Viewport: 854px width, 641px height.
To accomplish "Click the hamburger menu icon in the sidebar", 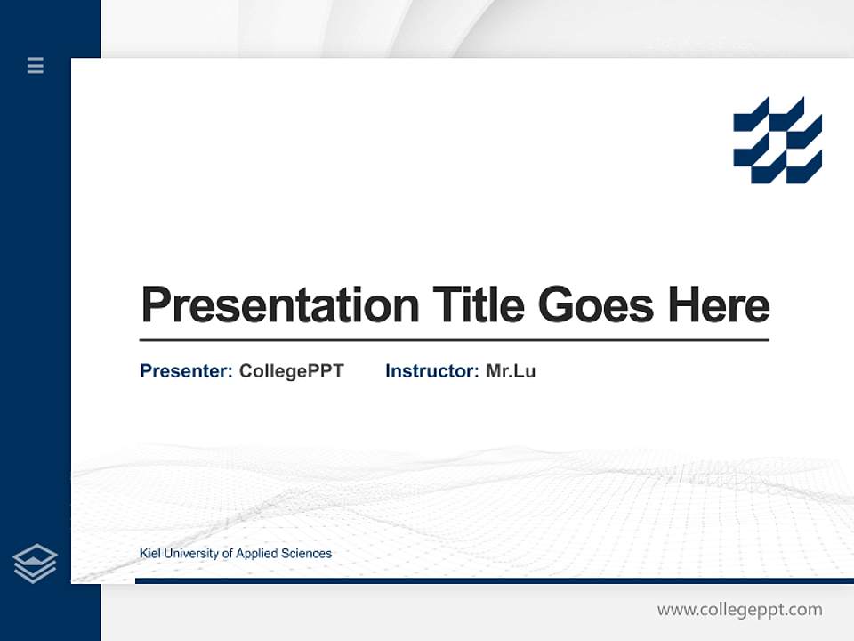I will [x=36, y=65].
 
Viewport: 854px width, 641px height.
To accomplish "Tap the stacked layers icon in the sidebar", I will [x=35, y=564].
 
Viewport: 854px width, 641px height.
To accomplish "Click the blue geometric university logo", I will [x=777, y=140].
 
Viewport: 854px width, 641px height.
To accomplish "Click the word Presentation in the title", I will [x=279, y=305].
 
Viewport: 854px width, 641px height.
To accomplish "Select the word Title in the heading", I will [x=479, y=305].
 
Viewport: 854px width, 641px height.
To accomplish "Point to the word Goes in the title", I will [x=597, y=305].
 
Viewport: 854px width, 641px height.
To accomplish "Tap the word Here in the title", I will [x=719, y=305].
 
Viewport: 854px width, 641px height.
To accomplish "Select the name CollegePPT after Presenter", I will [x=291, y=371].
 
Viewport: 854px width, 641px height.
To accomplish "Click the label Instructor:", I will [x=432, y=371].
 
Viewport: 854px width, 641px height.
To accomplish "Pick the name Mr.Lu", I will [x=511, y=371].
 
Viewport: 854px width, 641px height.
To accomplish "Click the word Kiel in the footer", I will [x=150, y=554].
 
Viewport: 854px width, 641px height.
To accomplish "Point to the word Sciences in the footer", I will [x=306, y=554].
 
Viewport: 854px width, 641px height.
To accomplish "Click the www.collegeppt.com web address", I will [x=739, y=610].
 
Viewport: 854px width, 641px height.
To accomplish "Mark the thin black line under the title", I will [x=454, y=340].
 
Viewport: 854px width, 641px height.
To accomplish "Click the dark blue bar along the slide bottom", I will [x=494, y=580].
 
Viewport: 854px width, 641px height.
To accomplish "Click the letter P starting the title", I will [x=156, y=305].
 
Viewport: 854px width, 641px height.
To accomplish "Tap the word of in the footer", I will [x=227, y=554].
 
